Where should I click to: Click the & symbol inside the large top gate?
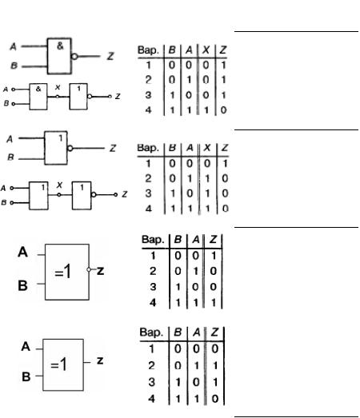pyautogui.click(x=60, y=46)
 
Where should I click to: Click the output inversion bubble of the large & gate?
pyautogui.click(x=74, y=57)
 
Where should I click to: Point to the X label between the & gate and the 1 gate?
pyautogui.click(x=58, y=87)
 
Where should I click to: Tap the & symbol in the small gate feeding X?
pyautogui.click(x=38, y=89)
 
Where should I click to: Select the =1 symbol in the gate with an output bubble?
pyautogui.click(x=62, y=272)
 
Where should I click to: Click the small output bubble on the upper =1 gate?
pyautogui.click(x=89, y=269)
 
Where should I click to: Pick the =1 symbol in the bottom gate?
pyautogui.click(x=58, y=364)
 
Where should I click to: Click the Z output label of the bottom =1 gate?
pyautogui.click(x=100, y=360)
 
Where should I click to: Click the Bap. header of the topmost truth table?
pyautogui.click(x=148, y=50)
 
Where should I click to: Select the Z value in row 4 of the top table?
pyautogui.click(x=223, y=109)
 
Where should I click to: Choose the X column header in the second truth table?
pyautogui.click(x=207, y=148)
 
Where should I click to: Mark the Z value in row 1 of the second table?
pyautogui.click(x=225, y=163)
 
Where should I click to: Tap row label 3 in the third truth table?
pyautogui.click(x=153, y=287)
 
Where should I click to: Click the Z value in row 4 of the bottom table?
pyautogui.click(x=215, y=399)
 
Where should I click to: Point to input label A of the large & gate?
pyautogui.click(x=13, y=47)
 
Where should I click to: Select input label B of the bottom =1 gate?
pyautogui.click(x=26, y=376)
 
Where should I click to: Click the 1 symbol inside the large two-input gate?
pyautogui.click(x=61, y=137)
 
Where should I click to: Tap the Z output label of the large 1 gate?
pyautogui.click(x=113, y=148)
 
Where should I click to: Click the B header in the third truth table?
pyautogui.click(x=178, y=240)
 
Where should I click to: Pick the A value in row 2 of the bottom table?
pyautogui.click(x=197, y=365)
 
